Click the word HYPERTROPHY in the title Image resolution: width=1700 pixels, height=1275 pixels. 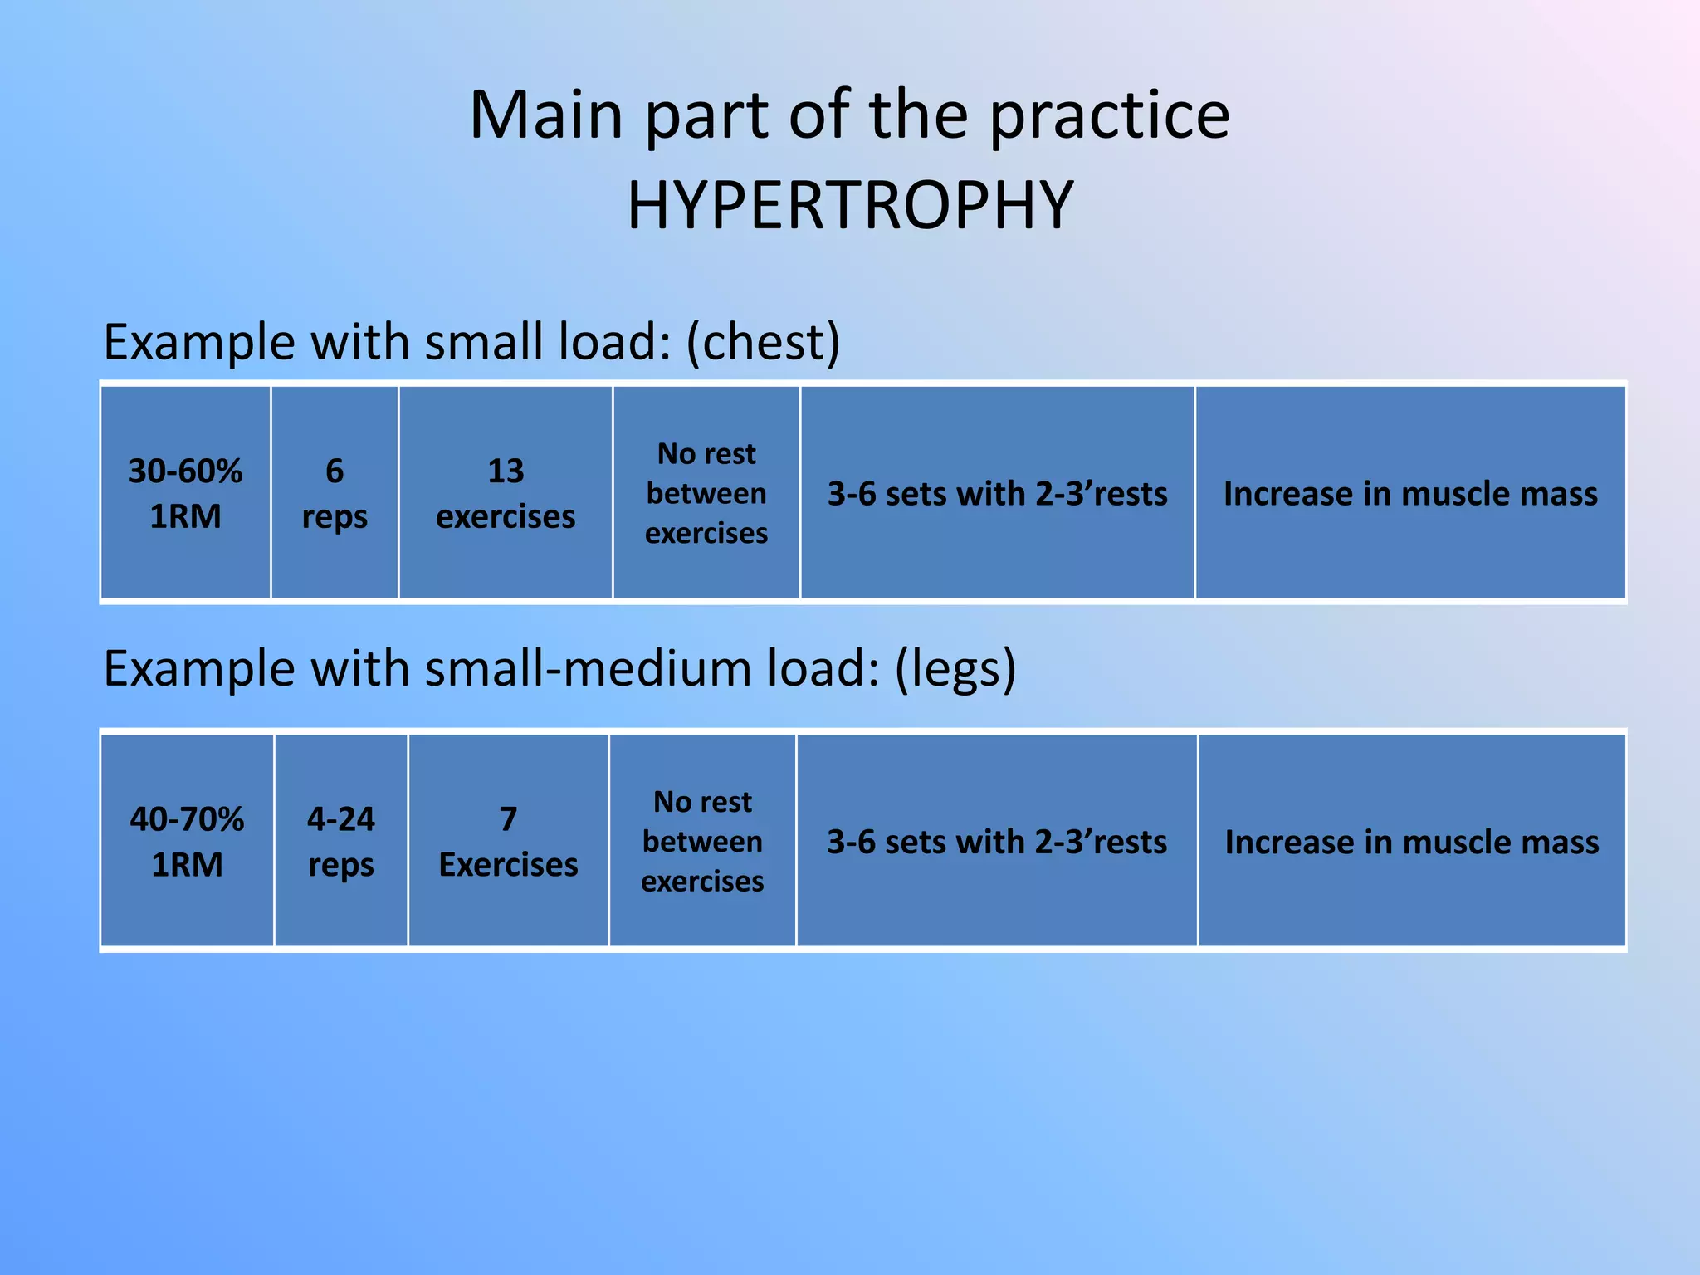click(x=850, y=206)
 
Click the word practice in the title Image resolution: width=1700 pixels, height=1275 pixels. click(x=1110, y=116)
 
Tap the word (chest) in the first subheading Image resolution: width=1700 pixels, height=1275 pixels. click(x=763, y=342)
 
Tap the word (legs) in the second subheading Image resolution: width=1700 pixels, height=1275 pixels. click(x=955, y=669)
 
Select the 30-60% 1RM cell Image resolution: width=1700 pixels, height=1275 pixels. click(x=186, y=493)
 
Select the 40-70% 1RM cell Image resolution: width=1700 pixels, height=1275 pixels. click(x=188, y=841)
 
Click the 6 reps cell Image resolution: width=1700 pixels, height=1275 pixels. click(x=335, y=493)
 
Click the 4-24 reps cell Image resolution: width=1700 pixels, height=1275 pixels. click(x=341, y=841)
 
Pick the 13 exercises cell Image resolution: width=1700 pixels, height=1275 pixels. click(x=506, y=493)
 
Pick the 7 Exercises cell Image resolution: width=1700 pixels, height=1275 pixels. click(x=508, y=841)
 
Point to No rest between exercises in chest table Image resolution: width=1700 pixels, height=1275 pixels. click(x=706, y=493)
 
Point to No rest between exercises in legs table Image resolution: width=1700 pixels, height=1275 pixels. click(x=702, y=841)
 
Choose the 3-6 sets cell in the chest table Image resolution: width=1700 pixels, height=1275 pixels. click(x=997, y=494)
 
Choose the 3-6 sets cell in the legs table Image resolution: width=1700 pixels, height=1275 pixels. click(x=997, y=842)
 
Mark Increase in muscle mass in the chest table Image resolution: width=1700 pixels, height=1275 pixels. click(x=1410, y=494)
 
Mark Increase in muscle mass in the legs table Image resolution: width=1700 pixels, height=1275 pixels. click(x=1411, y=842)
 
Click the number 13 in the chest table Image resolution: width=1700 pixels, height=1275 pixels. click(x=506, y=471)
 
